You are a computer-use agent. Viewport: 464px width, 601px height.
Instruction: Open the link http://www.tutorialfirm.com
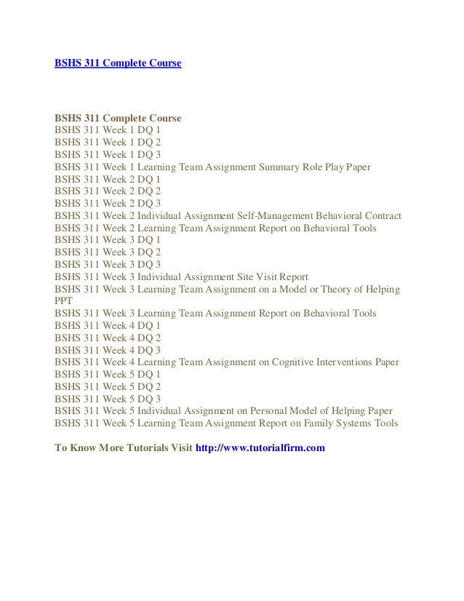click(x=260, y=447)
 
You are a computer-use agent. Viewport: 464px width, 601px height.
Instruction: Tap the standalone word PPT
click(x=65, y=301)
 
